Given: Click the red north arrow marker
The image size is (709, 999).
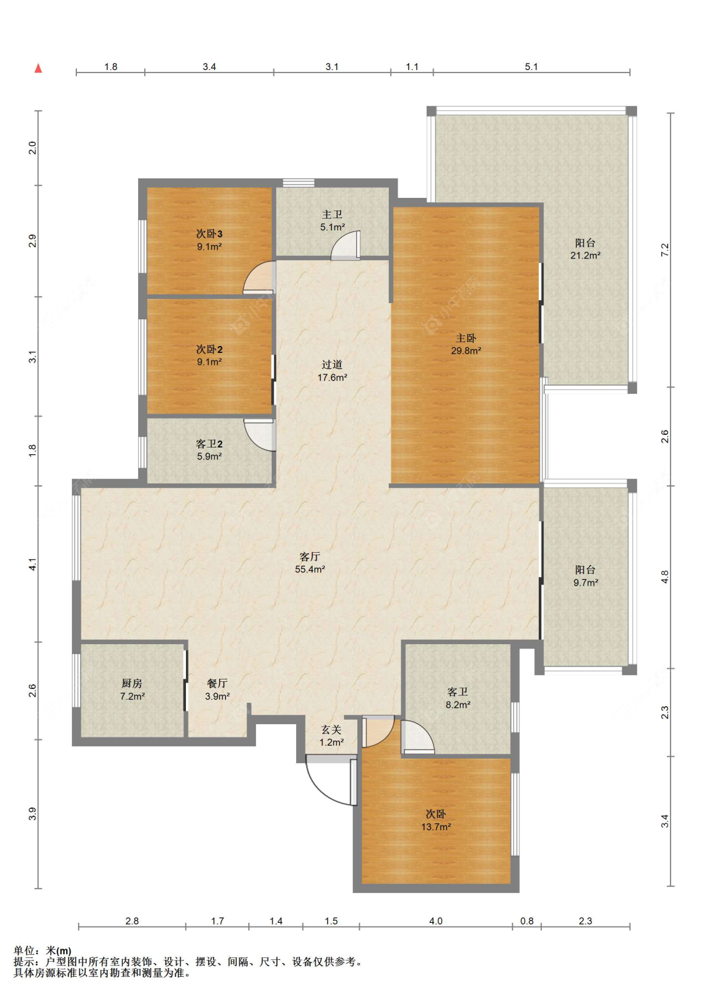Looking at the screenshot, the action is [38, 68].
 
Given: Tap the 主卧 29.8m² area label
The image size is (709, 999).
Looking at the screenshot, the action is [466, 344].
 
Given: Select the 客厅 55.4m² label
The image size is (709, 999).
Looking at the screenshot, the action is [309, 563].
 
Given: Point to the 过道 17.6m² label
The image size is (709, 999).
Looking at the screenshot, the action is [332, 371].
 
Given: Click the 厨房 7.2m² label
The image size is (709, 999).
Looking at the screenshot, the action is [132, 690].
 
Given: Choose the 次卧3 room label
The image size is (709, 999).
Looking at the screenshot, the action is [209, 240].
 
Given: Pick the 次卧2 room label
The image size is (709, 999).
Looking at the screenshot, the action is [209, 355].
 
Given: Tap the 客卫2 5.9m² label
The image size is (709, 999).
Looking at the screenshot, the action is [209, 450].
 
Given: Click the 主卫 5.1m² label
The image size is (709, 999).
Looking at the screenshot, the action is [332, 221].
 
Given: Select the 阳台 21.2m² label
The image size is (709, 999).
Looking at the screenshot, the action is [585, 250].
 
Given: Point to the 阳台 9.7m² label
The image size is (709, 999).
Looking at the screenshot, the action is [585, 576].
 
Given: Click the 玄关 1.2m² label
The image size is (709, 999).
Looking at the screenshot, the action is [331, 736].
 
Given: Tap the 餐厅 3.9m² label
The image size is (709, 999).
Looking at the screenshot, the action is [217, 690].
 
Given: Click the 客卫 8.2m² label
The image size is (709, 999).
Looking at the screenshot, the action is [458, 698].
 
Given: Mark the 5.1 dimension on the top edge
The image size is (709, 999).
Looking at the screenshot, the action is [531, 67].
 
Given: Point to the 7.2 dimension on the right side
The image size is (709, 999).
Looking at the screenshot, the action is [664, 250].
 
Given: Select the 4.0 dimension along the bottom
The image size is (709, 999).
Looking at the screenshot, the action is [435, 921].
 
